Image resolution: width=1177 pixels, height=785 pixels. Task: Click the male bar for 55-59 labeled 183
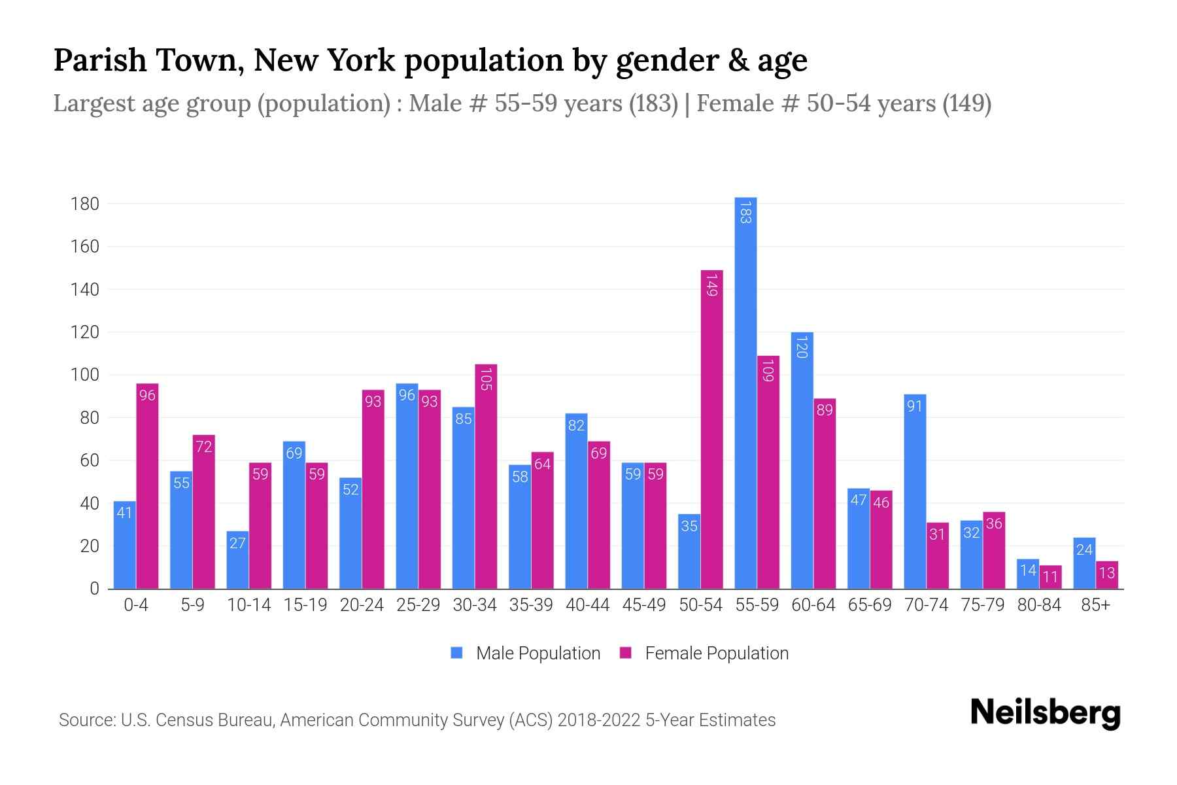(745, 392)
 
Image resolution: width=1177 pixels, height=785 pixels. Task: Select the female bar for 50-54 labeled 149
(712, 429)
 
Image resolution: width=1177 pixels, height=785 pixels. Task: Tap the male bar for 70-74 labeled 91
(915, 491)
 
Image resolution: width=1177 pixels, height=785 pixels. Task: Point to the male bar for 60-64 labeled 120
(802, 461)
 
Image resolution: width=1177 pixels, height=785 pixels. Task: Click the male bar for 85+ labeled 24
(1084, 563)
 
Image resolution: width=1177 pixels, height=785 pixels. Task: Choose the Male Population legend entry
(526, 654)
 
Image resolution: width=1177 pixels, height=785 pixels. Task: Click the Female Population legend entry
(704, 654)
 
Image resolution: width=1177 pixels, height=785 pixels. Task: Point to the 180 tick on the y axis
(85, 204)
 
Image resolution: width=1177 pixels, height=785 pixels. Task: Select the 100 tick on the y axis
(85, 375)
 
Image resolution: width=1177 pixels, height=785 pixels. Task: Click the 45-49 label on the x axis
(643, 605)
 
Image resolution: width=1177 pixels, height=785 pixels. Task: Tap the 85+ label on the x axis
(1095, 605)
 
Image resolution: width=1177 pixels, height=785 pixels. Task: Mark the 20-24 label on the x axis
(362, 605)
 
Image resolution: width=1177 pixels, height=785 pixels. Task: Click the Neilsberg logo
(1045, 712)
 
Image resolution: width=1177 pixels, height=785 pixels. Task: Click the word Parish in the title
(100, 60)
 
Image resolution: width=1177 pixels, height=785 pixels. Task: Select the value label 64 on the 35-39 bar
(542, 464)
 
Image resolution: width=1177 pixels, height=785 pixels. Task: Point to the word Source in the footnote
(86, 720)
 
